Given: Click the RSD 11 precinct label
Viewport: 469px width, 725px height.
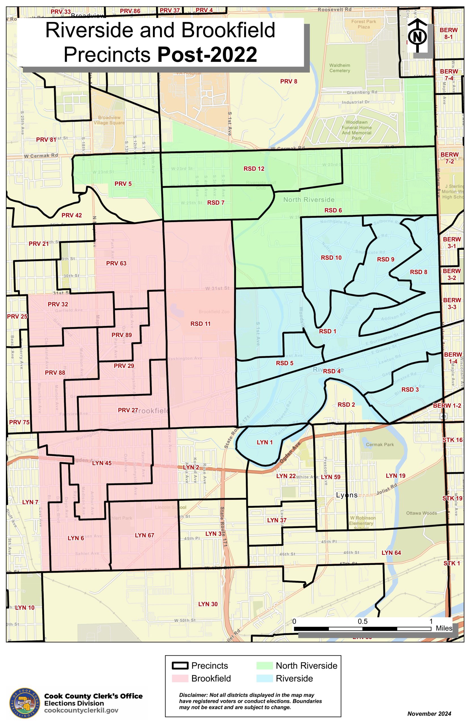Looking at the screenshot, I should pyautogui.click(x=201, y=324).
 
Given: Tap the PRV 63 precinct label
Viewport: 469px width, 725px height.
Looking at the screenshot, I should pyautogui.click(x=116, y=263).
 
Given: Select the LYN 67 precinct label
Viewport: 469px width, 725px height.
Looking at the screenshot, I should pyautogui.click(x=144, y=535).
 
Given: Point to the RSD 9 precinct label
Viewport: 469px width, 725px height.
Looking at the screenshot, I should pyautogui.click(x=385, y=259).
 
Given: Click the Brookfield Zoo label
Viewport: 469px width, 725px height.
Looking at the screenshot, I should pyautogui.click(x=214, y=312).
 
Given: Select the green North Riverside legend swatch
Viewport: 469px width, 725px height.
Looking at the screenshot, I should pyautogui.click(x=264, y=666).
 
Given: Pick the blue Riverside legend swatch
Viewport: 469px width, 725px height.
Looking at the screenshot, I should pyautogui.click(x=264, y=678).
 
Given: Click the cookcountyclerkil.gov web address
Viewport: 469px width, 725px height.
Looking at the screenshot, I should pyautogui.click(x=81, y=710).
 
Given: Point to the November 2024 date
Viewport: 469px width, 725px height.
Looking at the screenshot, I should pyautogui.click(x=429, y=714).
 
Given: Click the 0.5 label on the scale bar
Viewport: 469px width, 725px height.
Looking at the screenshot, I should pyautogui.click(x=363, y=621).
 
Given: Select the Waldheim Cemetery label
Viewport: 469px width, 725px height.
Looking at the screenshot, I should pyautogui.click(x=340, y=68).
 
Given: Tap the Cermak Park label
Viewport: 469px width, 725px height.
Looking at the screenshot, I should pyautogui.click(x=380, y=445).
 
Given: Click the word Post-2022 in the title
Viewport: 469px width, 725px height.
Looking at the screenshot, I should pyautogui.click(x=207, y=55).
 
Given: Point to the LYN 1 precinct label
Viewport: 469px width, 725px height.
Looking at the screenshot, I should pyautogui.click(x=265, y=442).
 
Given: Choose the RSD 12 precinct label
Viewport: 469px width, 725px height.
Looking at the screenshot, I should pyautogui.click(x=254, y=169).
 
